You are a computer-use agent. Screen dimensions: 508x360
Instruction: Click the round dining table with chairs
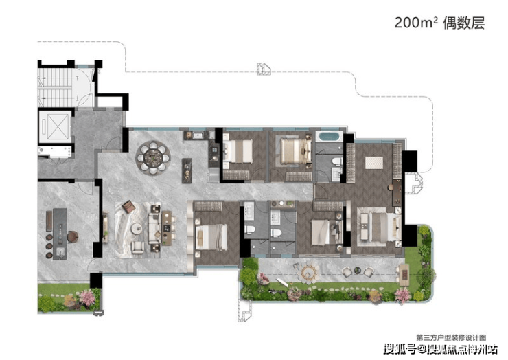point(153,157)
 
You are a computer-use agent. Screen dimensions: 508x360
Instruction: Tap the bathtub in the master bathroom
point(329,136)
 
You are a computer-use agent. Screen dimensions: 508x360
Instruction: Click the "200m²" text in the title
point(416,23)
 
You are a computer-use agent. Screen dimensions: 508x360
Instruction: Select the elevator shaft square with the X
point(54,126)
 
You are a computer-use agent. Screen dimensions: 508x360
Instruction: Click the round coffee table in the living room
point(137,228)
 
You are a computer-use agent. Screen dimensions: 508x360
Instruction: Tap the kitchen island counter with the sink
point(60,234)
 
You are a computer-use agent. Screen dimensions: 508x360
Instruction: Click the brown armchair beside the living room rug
point(128,206)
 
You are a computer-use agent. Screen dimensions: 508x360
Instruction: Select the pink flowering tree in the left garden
point(87,297)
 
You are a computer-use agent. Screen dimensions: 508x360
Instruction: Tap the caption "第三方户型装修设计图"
point(451,338)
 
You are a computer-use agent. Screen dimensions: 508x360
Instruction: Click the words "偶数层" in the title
point(463,23)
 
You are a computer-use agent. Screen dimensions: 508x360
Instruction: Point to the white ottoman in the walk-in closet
point(374,163)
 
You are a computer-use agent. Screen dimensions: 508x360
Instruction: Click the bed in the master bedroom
point(379,227)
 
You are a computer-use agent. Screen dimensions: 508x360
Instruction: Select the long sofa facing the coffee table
point(154,228)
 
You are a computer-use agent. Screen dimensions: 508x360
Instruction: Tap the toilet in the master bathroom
point(337,161)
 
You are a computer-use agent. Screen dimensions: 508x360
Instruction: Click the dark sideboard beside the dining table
point(187,170)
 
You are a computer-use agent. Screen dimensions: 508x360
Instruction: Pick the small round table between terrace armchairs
point(358,270)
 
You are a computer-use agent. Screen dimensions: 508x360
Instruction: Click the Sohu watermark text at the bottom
point(441,350)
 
